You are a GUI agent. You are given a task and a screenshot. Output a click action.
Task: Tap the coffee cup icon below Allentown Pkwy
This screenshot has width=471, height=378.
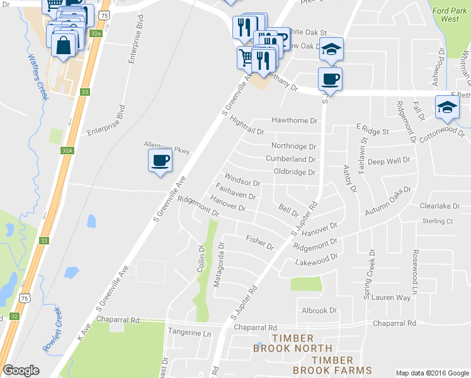point(160,160)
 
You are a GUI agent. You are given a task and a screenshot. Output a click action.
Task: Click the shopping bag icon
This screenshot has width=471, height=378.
point(64,45)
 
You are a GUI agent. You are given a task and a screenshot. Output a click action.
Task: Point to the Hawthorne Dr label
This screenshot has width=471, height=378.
point(293,120)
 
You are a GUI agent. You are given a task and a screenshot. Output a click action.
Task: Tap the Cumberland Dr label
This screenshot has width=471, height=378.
point(290,159)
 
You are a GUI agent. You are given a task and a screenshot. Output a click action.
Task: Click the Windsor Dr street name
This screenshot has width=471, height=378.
point(242,178)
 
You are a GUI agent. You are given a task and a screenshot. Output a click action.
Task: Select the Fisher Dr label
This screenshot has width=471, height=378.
point(259,242)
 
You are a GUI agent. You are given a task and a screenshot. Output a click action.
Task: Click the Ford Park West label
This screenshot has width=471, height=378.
point(450,14)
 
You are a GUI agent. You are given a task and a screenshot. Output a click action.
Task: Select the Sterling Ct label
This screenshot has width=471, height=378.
point(438,221)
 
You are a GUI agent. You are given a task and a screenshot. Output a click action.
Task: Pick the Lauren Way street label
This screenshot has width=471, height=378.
point(390,297)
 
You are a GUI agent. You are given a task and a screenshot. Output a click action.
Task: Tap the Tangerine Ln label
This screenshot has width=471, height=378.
point(189,333)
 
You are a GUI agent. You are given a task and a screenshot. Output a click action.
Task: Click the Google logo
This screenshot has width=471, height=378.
point(21,370)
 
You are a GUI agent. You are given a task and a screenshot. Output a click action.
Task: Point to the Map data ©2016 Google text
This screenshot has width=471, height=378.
point(431,372)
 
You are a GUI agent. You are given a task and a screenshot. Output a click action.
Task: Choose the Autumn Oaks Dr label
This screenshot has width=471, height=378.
point(387,202)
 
